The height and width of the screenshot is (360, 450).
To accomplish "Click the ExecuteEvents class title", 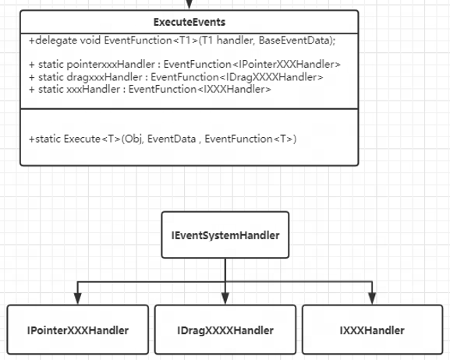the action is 190,22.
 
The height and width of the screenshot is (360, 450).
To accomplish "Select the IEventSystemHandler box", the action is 225,235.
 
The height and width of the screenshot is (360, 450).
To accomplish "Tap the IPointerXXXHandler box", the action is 78,330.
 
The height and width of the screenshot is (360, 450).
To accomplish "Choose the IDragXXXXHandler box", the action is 225,330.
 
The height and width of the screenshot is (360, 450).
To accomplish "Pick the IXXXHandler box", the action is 372,330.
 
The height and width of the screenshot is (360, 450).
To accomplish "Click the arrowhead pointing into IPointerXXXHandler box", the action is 78,298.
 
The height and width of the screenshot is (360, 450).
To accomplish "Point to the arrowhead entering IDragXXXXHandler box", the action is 225,298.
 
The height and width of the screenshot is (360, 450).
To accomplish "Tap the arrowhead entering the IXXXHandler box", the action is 372,298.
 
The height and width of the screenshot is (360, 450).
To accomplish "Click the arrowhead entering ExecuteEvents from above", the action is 190,5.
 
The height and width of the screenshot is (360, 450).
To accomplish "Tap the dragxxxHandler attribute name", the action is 105,77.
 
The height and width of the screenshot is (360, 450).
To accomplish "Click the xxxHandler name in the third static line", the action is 94,90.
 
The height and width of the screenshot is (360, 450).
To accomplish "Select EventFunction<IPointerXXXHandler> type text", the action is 252,65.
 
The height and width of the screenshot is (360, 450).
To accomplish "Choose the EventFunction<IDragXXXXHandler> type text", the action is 237,77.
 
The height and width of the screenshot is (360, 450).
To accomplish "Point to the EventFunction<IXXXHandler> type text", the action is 200,90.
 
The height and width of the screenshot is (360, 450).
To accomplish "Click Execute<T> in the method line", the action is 92,139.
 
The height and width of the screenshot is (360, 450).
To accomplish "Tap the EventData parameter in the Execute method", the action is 172,139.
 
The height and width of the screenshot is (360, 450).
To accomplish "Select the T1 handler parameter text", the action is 228,41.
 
